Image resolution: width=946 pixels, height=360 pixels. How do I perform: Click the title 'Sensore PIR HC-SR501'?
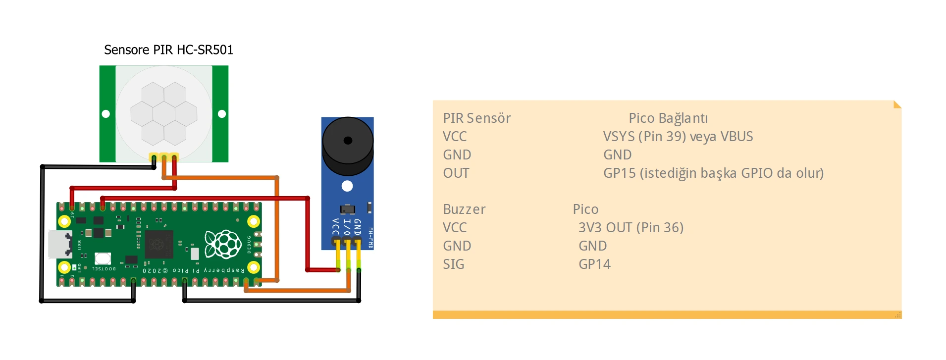(168, 50)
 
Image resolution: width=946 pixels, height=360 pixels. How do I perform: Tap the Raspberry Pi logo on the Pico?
(223, 244)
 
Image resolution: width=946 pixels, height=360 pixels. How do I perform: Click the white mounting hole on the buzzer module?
(347, 186)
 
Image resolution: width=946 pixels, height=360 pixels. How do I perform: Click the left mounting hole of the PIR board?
(105, 114)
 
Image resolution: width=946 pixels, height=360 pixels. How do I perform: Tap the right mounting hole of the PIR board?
(222, 114)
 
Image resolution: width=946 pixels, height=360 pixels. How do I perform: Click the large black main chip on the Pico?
(158, 244)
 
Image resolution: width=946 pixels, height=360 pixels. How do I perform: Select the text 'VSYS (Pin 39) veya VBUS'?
(678, 137)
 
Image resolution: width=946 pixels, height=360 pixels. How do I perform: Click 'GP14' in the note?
(594, 264)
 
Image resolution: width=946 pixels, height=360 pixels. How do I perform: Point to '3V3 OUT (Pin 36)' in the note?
(631, 228)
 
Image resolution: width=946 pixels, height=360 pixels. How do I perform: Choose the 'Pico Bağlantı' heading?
(668, 118)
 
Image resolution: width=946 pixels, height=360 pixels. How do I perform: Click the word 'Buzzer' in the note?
(464, 209)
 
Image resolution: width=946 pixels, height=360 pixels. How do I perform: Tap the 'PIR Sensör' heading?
(476, 118)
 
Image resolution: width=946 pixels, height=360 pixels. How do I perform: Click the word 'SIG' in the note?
(453, 264)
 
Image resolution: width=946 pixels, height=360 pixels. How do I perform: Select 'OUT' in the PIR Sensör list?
(456, 173)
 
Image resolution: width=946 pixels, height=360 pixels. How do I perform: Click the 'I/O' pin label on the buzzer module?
(347, 226)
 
